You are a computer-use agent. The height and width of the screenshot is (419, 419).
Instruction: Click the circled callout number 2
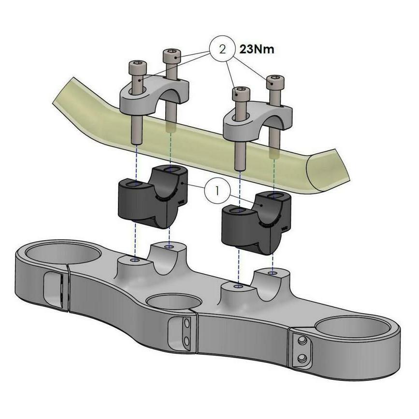point(222,49)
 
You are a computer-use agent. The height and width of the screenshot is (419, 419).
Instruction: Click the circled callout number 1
point(217,190)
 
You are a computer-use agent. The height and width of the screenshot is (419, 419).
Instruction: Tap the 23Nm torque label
point(257,49)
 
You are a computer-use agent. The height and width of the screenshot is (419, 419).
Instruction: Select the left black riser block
point(153,197)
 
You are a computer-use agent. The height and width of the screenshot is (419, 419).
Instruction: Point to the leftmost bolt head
point(138,68)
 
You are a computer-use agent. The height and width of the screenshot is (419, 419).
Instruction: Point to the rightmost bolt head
point(275,82)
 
